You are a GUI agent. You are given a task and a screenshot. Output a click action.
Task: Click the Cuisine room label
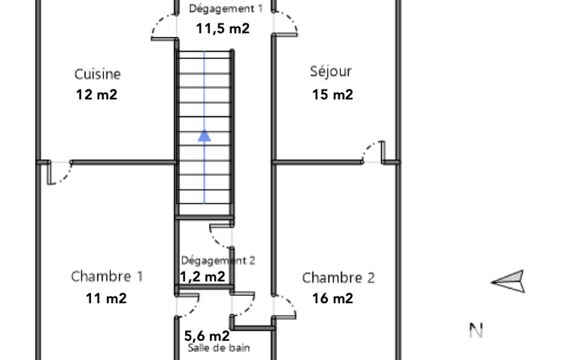[x=98, y=74]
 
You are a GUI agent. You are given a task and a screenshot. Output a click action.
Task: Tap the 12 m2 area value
[x=97, y=95]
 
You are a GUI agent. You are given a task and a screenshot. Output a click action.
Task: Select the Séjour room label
[x=331, y=71]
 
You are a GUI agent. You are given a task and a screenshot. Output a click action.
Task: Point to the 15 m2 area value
[x=332, y=95]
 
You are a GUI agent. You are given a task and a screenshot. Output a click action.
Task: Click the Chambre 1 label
[x=107, y=276]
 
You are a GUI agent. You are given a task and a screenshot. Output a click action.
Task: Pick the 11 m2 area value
[x=106, y=299]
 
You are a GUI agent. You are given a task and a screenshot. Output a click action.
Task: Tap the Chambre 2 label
[x=339, y=278]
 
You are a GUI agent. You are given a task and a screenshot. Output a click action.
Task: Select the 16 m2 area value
[x=332, y=299]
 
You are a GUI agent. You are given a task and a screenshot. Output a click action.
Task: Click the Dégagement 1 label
[x=226, y=9]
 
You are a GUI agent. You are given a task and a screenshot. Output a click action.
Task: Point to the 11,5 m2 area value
[x=223, y=29]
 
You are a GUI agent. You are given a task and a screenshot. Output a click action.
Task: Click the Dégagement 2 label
[x=218, y=260]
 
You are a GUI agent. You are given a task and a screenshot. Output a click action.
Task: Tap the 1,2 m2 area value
[x=202, y=277]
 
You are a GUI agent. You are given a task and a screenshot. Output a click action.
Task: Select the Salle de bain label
[x=219, y=348]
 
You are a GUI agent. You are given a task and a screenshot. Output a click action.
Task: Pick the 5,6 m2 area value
[x=207, y=336]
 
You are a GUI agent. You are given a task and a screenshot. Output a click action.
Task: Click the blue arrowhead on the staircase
[x=204, y=135]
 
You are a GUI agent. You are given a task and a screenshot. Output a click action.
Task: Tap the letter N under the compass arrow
[x=476, y=330]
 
